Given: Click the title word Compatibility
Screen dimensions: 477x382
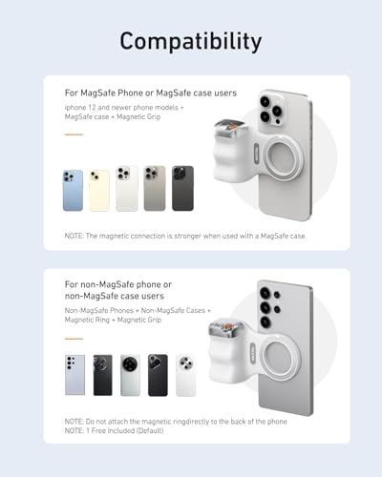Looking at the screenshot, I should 191,41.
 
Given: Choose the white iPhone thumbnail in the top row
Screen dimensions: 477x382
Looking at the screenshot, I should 127,189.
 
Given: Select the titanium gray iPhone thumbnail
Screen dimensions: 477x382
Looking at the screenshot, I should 154,189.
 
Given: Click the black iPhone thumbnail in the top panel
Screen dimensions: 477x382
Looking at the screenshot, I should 181,189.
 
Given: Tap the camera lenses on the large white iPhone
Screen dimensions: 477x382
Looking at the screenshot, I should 270,108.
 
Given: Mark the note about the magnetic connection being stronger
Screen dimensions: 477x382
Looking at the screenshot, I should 184,235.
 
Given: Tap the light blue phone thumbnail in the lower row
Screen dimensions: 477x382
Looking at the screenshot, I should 75,375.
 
